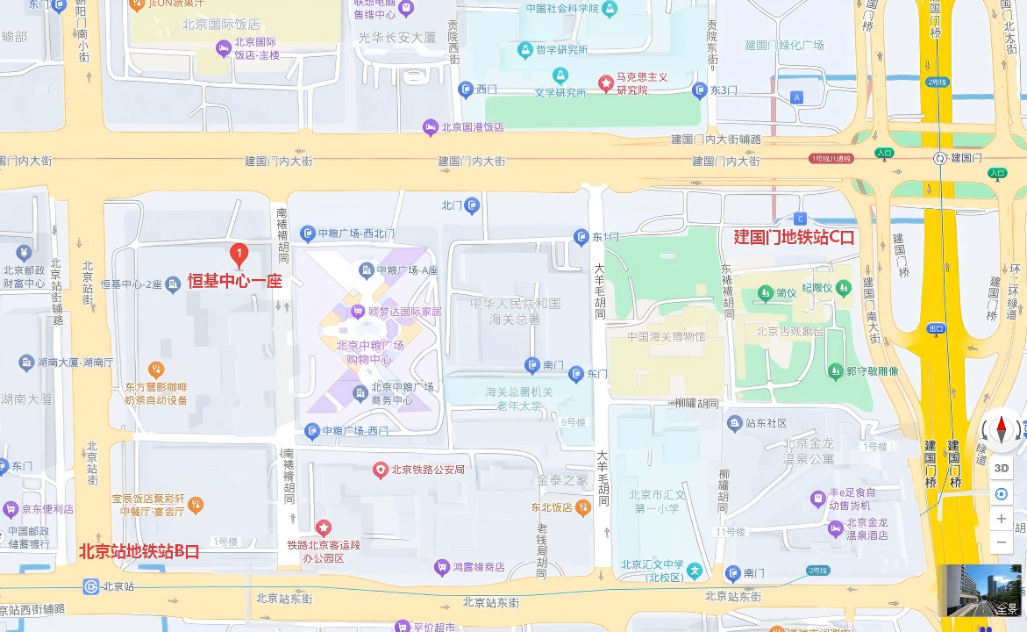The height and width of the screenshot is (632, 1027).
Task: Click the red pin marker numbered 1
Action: tap(238, 254)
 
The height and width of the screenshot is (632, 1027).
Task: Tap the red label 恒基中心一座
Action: tap(234, 282)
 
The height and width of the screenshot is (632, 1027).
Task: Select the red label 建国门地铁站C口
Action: tap(794, 237)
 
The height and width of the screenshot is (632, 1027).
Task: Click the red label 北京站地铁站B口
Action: tap(139, 551)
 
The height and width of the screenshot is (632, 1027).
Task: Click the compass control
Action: tap(1001, 429)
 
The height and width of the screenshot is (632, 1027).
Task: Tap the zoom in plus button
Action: tap(1001, 519)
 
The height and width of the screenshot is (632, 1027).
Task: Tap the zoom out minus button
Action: tap(1001, 542)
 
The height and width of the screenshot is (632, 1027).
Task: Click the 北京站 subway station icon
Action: tap(91, 586)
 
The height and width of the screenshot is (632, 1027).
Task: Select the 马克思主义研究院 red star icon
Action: tap(606, 83)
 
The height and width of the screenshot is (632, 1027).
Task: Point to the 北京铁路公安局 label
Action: tap(427, 470)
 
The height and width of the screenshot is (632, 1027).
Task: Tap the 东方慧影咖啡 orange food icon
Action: tap(156, 370)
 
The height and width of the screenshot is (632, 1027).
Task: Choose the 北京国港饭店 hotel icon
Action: tap(431, 127)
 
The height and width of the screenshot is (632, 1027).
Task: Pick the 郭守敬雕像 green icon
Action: tap(835, 371)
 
